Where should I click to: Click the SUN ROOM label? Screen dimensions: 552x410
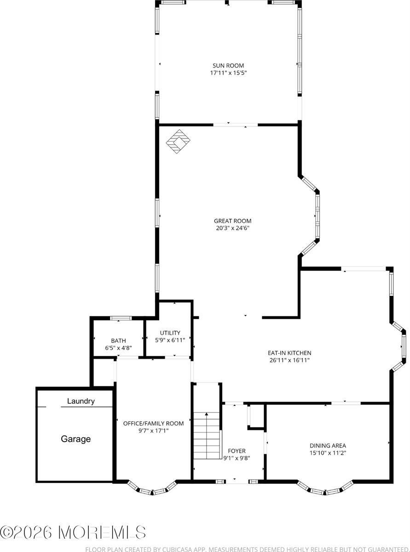click(x=228, y=65)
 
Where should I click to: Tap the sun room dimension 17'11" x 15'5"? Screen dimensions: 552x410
click(x=228, y=73)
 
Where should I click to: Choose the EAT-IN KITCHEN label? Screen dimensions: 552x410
click(x=286, y=353)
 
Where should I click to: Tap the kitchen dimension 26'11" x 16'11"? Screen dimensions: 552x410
click(x=286, y=360)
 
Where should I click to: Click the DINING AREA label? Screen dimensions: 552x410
click(x=327, y=445)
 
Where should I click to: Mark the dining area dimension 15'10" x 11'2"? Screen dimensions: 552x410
click(x=327, y=453)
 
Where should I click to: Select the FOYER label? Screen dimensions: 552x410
click(x=237, y=451)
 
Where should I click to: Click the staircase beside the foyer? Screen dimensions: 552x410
click(x=207, y=435)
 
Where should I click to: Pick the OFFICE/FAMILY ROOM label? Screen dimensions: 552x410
click(x=153, y=423)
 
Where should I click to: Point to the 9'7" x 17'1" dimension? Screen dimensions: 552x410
click(x=153, y=431)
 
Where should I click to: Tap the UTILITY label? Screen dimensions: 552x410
click(x=170, y=333)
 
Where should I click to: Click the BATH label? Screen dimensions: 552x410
click(x=118, y=341)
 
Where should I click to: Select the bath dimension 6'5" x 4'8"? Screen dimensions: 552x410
click(x=118, y=348)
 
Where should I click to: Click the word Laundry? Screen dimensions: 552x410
click(x=81, y=401)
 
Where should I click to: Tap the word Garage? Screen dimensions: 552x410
click(x=76, y=439)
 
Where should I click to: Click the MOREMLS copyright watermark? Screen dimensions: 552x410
click(x=73, y=532)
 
